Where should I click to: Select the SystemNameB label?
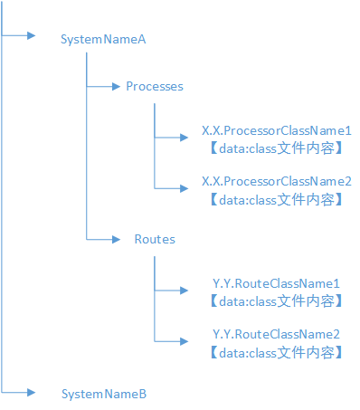[103, 394]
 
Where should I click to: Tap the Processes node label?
[154, 87]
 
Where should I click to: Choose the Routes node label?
[154, 240]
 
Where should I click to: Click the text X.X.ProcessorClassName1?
[276, 131]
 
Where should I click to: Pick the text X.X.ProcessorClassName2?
[276, 182]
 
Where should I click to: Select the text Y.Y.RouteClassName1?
[276, 283]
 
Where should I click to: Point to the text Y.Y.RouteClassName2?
[276, 334]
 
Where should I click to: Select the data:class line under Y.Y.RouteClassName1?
[276, 300]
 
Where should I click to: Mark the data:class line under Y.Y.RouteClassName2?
[276, 351]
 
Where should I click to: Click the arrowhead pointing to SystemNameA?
[32, 36]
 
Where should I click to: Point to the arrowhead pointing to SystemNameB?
[32, 392]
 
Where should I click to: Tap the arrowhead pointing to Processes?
[116, 87]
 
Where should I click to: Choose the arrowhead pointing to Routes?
[116, 240]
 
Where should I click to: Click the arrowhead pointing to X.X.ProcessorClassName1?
[186, 138]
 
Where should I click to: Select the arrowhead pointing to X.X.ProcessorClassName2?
[186, 188]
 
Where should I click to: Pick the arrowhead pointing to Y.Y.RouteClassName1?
[186, 291]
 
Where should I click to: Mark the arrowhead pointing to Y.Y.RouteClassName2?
[186, 341]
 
